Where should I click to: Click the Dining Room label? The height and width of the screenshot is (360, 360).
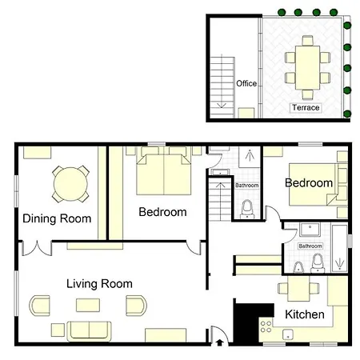57,218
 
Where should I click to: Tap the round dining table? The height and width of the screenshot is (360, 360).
70,184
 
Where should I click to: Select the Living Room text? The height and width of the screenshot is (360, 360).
99,284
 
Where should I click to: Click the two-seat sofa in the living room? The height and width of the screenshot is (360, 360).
89,331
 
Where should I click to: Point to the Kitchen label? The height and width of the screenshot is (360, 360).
305,314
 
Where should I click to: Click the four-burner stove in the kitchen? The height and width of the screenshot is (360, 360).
266,326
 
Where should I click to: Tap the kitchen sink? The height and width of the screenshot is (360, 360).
288,334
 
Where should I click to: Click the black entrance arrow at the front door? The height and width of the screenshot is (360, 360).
219,342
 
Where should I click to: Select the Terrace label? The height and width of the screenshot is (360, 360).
306,107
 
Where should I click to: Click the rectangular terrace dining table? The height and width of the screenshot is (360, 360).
307,68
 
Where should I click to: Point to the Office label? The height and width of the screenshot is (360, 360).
246,83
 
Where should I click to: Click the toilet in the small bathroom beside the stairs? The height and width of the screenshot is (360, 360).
247,210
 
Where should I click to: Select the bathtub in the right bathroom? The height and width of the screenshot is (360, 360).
339,249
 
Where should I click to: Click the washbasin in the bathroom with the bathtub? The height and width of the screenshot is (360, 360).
310,230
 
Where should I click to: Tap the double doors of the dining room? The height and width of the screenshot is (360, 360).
37,248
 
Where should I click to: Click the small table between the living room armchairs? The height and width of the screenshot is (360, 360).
88,305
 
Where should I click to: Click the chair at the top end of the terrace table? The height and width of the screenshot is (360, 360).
307,41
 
